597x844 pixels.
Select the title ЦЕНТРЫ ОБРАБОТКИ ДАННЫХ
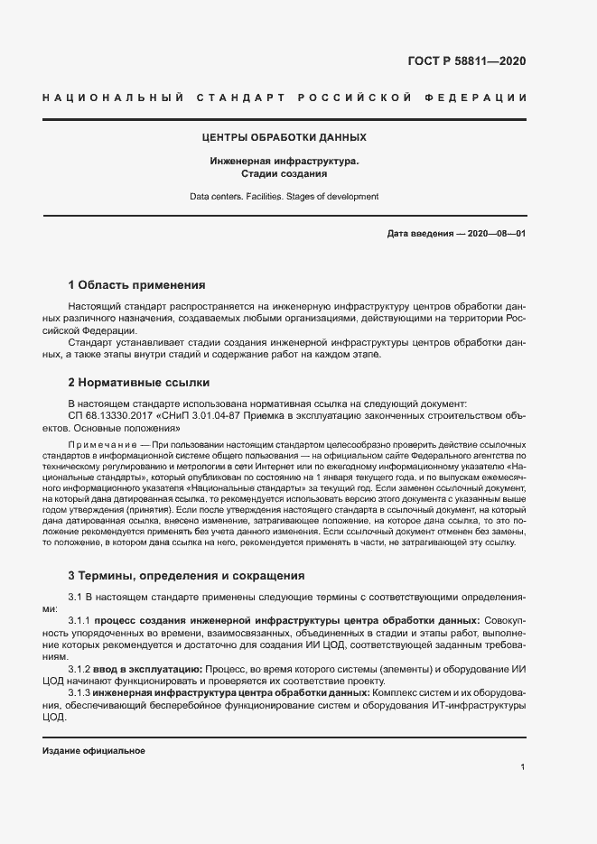284,137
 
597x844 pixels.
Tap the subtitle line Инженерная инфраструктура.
284,161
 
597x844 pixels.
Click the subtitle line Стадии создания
284,173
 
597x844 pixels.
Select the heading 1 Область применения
136,283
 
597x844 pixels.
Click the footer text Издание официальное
93,751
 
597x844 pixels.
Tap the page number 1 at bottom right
523,766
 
